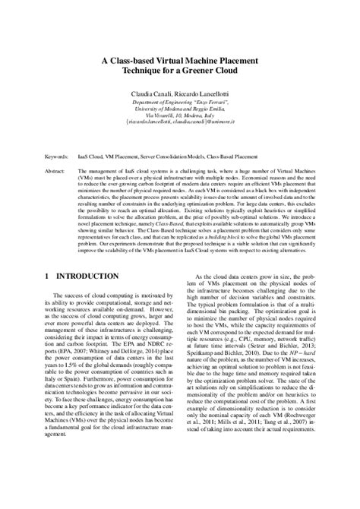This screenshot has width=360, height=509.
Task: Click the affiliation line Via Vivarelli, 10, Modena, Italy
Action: [180, 113]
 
